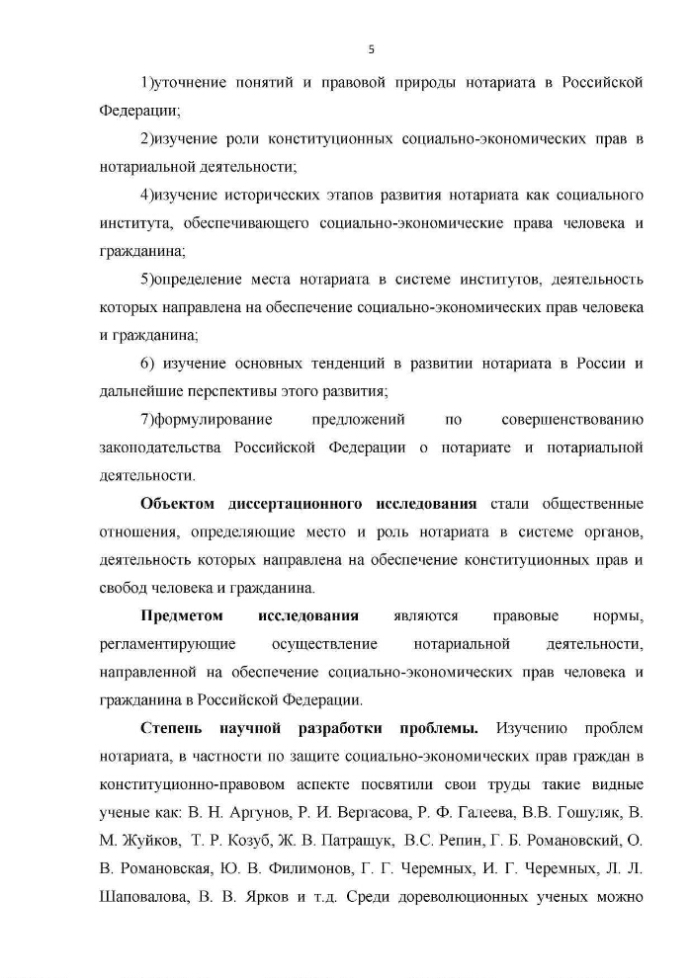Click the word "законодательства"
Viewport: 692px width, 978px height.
pyautogui.click(x=160, y=448)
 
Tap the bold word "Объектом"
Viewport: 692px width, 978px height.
pyautogui.click(x=178, y=504)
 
